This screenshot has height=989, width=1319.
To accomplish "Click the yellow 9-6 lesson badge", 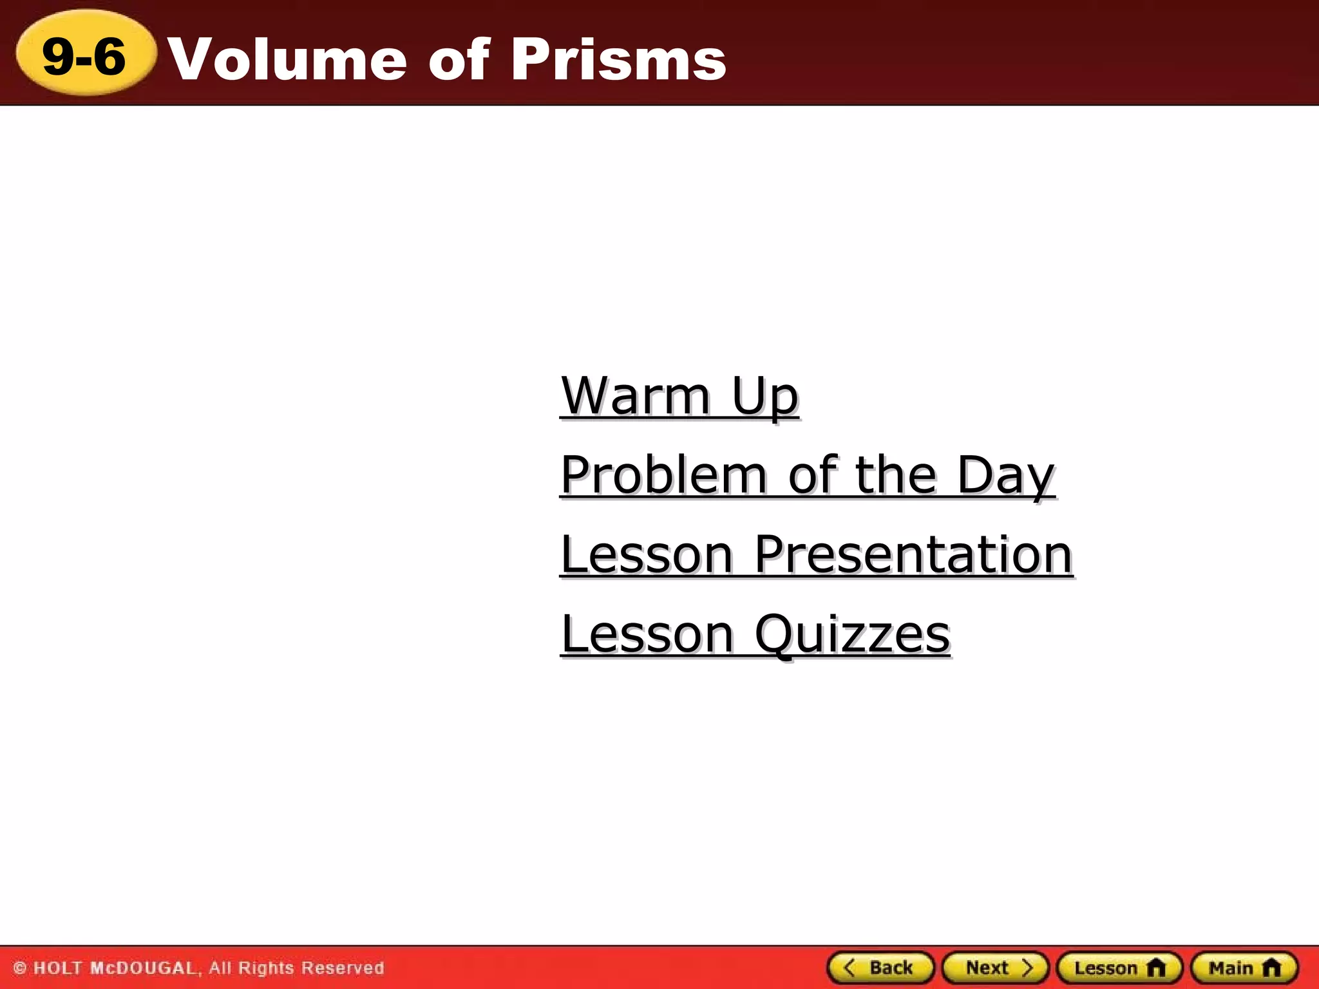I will pyautogui.click(x=85, y=55).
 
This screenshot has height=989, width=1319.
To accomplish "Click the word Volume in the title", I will pyautogui.click(x=287, y=59).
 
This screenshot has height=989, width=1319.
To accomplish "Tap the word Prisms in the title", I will pyautogui.click(x=618, y=59).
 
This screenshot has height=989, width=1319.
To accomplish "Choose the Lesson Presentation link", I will pyautogui.click(x=816, y=555).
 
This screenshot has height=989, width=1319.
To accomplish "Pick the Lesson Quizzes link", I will pyautogui.click(x=755, y=635).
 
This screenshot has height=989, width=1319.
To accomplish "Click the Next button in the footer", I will pyautogui.click(x=995, y=968).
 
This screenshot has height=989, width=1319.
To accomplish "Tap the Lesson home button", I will pyautogui.click(x=1119, y=968).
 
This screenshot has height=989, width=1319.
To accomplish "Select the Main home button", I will pyautogui.click(x=1244, y=968).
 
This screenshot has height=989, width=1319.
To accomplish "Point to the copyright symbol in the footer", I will pyautogui.click(x=20, y=968).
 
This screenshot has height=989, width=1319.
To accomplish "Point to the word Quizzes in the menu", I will pyautogui.click(x=851, y=635).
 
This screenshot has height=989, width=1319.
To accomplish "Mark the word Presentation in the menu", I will pyautogui.click(x=913, y=555).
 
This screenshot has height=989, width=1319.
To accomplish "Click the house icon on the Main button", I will pyautogui.click(x=1271, y=968).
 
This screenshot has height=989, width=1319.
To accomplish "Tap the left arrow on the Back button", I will pyautogui.click(x=849, y=968).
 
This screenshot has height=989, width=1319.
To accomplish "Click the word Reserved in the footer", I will pyautogui.click(x=343, y=968).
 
